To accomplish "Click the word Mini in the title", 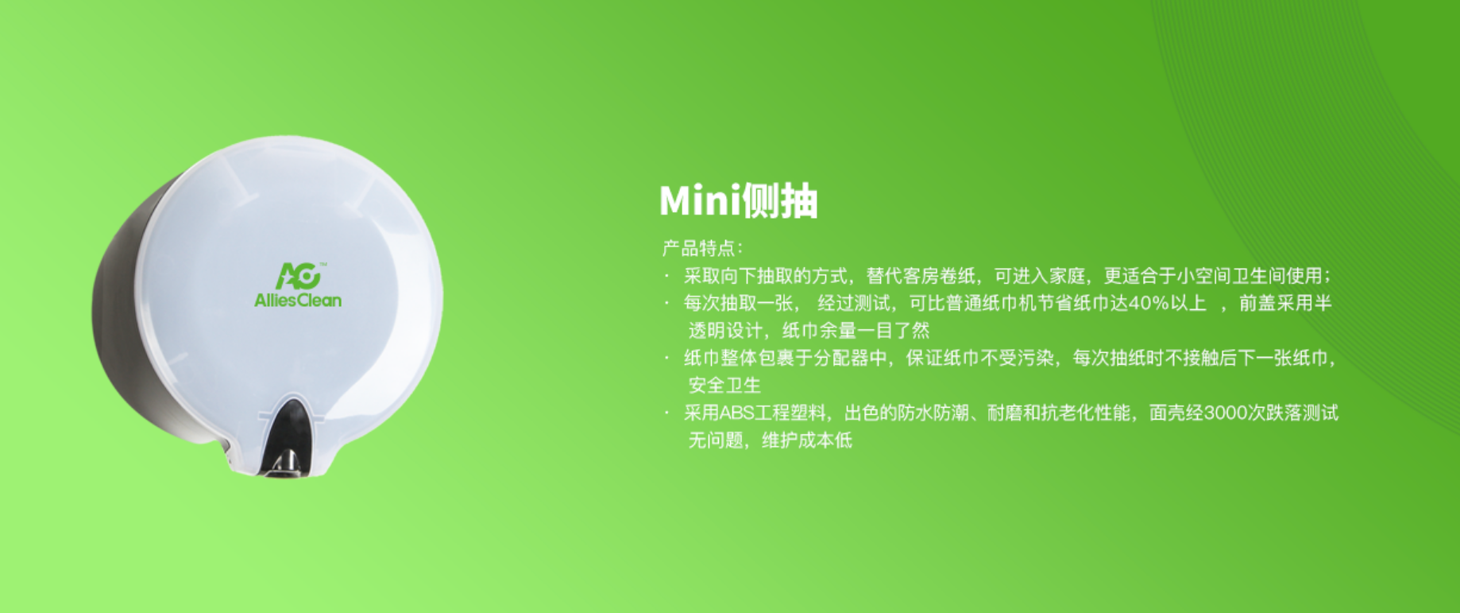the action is (699, 200).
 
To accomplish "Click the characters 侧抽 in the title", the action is (778, 200).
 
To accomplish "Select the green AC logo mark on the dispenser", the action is (299, 276).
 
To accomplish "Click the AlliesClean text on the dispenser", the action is (298, 300).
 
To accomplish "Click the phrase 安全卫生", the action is (724, 386).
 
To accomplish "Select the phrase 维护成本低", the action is (807, 440).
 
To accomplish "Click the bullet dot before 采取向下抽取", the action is (667, 276).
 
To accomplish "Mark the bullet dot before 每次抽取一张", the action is (667, 303).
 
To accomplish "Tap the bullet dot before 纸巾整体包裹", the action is (667, 358).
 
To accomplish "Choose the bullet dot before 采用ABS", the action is (667, 413).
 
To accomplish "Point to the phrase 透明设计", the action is (724, 331).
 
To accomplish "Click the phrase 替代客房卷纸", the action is (921, 276).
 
